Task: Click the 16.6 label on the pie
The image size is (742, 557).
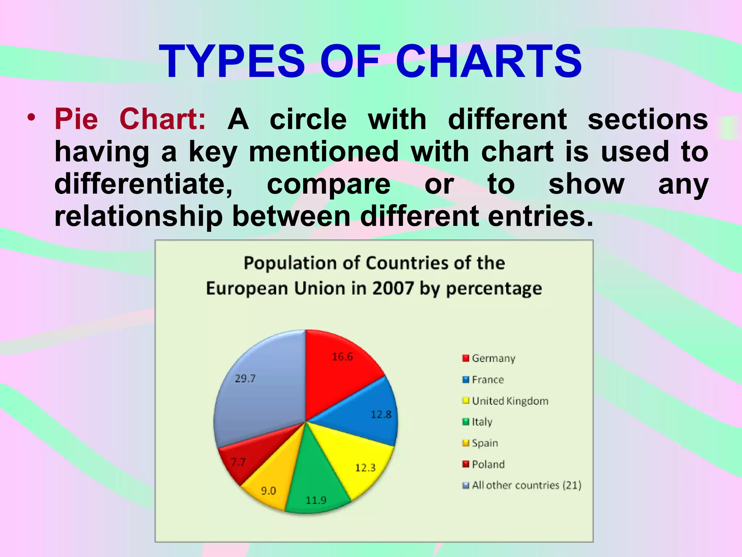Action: [x=342, y=357]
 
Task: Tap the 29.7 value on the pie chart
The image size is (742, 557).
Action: [x=245, y=379]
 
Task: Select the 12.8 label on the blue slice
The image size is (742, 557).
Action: [x=381, y=414]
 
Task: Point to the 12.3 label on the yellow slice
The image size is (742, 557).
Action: [x=365, y=468]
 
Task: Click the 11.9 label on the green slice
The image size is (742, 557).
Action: [x=316, y=500]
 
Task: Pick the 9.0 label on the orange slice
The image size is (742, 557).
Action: [x=268, y=491]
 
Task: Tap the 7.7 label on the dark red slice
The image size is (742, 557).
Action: [x=238, y=462]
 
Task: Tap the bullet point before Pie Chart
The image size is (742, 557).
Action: [x=32, y=117]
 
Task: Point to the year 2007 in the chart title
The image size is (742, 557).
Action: [x=393, y=289]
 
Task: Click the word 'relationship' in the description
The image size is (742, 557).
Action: [x=138, y=216]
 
